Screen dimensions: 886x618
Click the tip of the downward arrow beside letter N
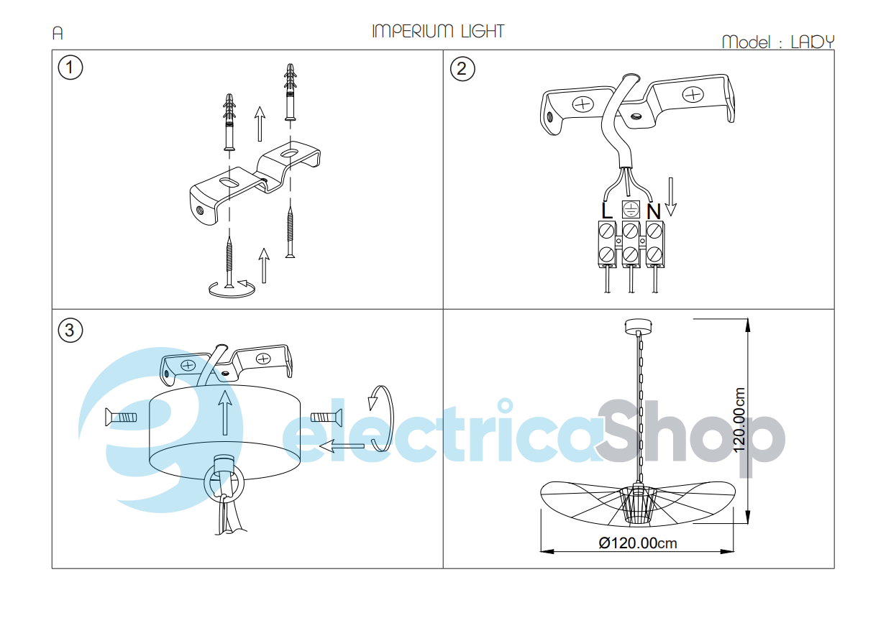coord(670,216)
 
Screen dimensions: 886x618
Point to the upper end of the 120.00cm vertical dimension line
coord(748,319)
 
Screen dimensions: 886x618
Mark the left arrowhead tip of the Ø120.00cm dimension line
coord(541,551)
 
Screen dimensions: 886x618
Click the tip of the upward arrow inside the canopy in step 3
coord(225,390)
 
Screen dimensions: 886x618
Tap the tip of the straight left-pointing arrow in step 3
coord(319,446)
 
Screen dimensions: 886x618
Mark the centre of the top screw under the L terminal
coord(607,231)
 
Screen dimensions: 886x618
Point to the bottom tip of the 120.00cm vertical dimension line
coord(748,524)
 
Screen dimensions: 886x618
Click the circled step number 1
coord(70,68)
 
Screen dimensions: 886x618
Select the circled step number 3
coord(70,331)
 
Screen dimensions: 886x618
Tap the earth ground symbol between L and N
coord(631,209)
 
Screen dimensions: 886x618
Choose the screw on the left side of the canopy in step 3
coord(121,418)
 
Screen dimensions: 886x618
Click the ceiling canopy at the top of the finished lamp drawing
coord(638,326)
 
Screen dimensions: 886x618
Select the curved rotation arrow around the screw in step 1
coord(232,290)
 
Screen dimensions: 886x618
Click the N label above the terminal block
coord(654,211)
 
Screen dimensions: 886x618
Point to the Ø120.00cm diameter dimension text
coord(638,543)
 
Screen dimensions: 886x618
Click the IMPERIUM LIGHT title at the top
coord(438,31)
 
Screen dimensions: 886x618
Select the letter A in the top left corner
coord(58,33)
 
